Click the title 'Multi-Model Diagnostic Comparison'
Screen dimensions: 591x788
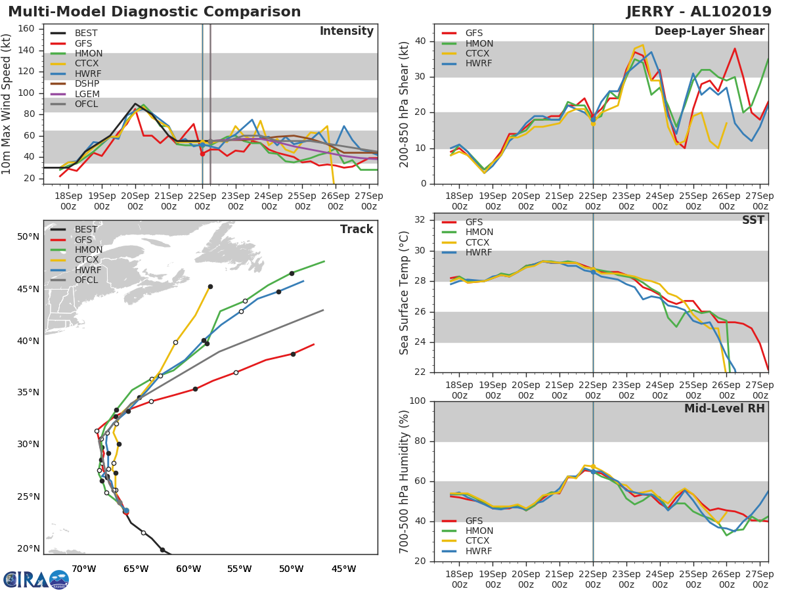point(154,12)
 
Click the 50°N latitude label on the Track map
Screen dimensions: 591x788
point(28,236)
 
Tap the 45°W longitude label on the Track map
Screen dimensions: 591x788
point(343,569)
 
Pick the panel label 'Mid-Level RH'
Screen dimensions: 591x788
point(724,409)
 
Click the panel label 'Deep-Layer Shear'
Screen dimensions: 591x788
point(709,32)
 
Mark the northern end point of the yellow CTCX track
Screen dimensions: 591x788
point(210,286)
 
